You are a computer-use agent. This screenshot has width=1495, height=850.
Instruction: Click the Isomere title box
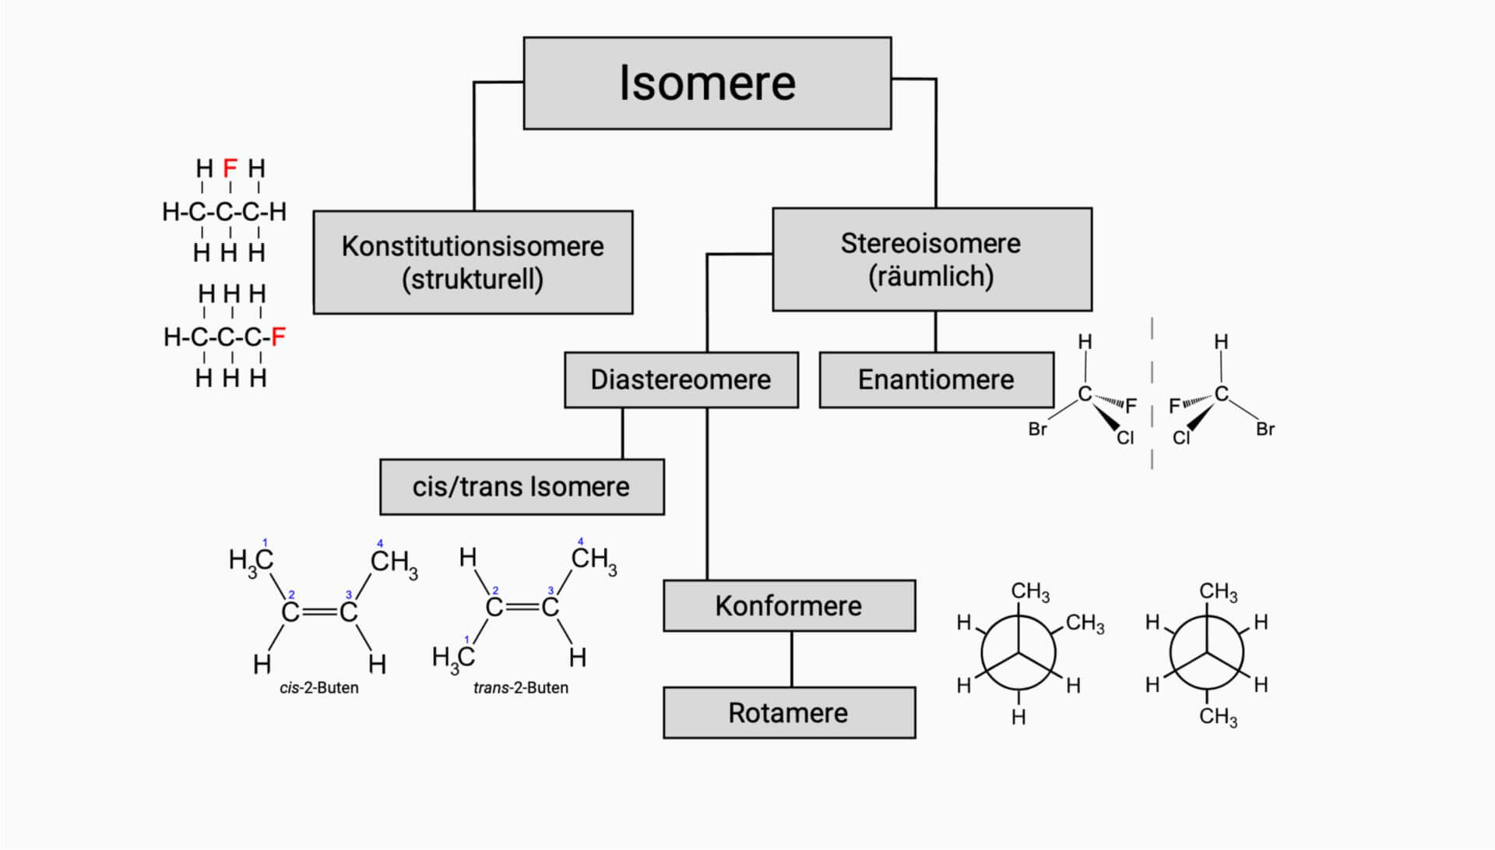707,83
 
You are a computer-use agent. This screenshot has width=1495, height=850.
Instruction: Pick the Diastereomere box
681,380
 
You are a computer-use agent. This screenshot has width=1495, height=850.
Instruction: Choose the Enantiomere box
936,380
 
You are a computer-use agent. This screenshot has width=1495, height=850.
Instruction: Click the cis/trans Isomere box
521,487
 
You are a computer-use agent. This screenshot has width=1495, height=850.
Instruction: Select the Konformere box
789,606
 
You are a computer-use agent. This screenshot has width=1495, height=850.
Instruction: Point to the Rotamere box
789,713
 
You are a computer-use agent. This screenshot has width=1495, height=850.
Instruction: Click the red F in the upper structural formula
230,168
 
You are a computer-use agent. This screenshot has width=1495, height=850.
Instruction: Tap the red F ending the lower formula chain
278,337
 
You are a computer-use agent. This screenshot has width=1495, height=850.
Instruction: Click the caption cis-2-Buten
319,688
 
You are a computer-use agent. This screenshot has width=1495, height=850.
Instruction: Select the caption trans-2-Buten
521,688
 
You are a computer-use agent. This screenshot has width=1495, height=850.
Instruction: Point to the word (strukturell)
473,279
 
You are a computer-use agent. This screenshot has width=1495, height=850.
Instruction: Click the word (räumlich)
931,277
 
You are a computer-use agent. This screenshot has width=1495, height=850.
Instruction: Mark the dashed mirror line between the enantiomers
1152,393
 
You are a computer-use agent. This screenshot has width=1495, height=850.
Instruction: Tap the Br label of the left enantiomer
1037,429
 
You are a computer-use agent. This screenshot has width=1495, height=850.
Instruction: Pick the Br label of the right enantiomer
1265,429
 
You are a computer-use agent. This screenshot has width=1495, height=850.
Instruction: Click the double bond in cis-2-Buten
319,612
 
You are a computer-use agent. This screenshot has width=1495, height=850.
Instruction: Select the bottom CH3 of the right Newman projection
1218,717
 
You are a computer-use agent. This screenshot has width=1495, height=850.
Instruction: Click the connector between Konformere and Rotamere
792,659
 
